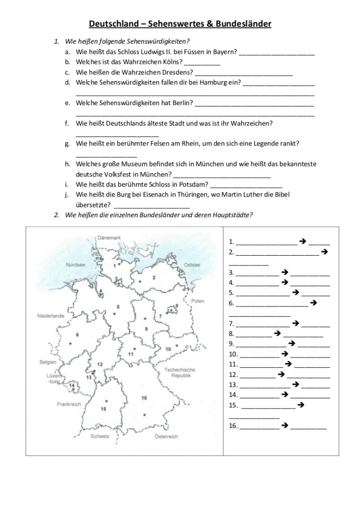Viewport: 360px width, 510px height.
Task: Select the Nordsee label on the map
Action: tap(75, 265)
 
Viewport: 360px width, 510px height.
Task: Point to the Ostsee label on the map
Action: tap(192, 265)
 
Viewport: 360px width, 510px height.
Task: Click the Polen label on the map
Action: tap(198, 301)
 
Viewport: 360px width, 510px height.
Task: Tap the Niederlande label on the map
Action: tap(50, 316)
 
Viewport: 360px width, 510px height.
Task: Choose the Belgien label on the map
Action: tap(48, 362)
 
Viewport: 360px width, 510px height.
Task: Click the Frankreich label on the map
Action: tap(69, 404)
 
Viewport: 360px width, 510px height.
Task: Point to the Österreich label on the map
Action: tap(166, 436)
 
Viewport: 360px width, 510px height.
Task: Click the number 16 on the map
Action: tap(144, 397)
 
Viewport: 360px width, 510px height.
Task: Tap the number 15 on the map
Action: tap(103, 409)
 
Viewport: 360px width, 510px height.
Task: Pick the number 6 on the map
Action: tap(77, 334)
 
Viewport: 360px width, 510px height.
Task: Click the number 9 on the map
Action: tap(146, 329)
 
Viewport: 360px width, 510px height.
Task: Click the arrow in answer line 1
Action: tap(302, 242)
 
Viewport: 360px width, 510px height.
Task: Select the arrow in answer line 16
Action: tap(285, 426)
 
